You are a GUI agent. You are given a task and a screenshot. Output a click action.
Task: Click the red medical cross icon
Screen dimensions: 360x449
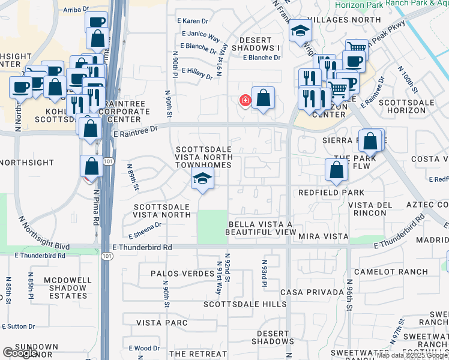pyautogui.click(x=245, y=100)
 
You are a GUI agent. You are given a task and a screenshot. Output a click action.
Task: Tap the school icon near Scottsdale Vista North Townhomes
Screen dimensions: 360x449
pyautogui.click(x=203, y=178)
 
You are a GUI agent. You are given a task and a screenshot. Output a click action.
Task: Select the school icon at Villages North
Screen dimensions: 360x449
pyautogui.click(x=299, y=32)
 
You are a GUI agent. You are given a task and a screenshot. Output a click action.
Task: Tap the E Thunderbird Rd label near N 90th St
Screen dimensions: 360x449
pyautogui.click(x=143, y=247)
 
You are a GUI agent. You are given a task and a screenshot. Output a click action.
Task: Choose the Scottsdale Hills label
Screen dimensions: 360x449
pyautogui.click(x=245, y=304)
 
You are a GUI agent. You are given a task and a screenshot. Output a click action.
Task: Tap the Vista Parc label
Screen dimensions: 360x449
pyautogui.click(x=162, y=323)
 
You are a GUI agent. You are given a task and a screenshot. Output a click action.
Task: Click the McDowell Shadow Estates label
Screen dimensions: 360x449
pyautogui.click(x=59, y=288)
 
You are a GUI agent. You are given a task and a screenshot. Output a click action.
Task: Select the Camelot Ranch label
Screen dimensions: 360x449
pyautogui.click(x=399, y=272)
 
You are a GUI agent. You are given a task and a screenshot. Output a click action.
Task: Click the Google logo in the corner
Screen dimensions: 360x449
pyautogui.click(x=21, y=353)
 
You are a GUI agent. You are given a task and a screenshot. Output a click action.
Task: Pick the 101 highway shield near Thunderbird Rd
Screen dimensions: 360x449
pyautogui.click(x=106, y=256)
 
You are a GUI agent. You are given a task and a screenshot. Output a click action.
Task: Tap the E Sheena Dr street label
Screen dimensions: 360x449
pyautogui.click(x=145, y=230)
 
